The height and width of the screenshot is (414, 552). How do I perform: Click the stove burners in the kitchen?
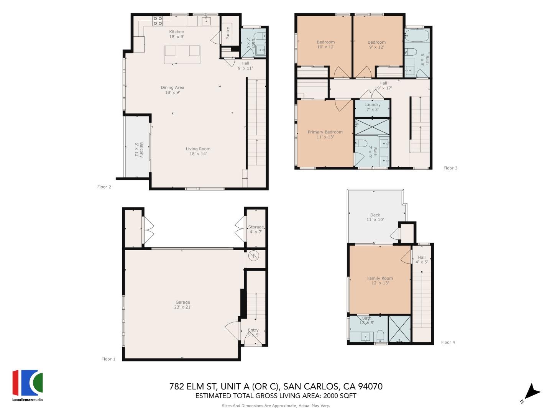tap(158, 20)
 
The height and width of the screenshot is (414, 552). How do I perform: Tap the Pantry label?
tap(228, 33)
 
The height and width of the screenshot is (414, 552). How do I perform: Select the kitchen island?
tap(182, 54)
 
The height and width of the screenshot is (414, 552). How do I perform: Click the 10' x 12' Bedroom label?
tap(325, 44)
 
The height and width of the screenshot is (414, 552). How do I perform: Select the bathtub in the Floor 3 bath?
tap(417, 36)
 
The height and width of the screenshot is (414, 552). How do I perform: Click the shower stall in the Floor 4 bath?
tap(399, 329)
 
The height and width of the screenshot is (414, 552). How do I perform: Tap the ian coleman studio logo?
tap(28, 385)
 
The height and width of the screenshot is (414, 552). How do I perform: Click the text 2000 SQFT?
tap(340, 396)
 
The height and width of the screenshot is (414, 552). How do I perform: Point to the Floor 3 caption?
tap(450, 168)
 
